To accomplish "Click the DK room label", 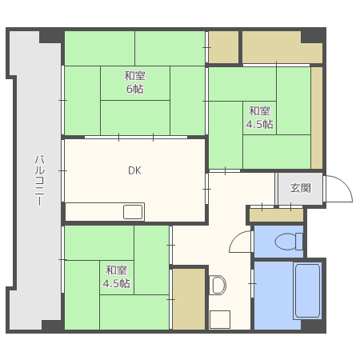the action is (134, 170).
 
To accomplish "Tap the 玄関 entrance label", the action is (301, 188).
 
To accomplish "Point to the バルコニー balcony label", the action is (39, 180).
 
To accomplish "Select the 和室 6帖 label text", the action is (135, 82).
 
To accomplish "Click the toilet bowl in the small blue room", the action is (289, 242).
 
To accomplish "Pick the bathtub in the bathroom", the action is (307, 290).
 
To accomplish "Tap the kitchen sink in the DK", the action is (133, 212).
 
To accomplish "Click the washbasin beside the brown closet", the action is (217, 285).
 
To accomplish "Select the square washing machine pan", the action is (220, 319).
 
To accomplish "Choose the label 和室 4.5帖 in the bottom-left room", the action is (117, 277).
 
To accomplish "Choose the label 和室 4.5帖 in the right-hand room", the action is (259, 118).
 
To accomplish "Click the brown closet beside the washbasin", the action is (189, 298).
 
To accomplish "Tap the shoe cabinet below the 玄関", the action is (276, 215).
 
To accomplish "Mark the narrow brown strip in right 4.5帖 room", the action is (317, 118).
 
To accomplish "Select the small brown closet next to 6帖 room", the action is (223, 47).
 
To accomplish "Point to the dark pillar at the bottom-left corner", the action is (53, 326).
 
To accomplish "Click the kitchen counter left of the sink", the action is (94, 212).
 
